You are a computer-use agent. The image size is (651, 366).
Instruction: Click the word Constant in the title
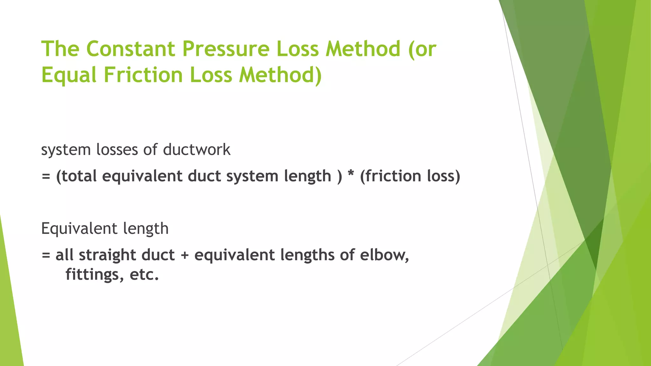[130, 49]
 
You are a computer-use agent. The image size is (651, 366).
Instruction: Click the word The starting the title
[60, 49]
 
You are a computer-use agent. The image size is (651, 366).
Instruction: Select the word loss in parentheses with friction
[442, 176]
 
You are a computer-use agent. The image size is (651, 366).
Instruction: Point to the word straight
[107, 255]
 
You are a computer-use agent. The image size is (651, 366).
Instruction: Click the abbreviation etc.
[144, 275]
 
